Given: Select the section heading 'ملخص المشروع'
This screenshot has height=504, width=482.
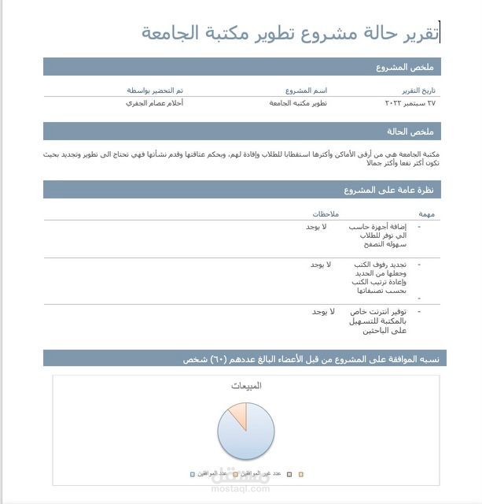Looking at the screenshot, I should [408, 67].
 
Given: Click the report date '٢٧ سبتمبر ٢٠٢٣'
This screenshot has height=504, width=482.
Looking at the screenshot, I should [410, 103].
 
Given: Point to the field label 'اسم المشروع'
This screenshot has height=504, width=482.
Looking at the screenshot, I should [306, 91].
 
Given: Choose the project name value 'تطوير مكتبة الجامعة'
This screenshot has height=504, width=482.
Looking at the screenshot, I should [298, 103].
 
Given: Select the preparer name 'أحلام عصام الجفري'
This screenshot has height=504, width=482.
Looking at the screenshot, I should [155, 103].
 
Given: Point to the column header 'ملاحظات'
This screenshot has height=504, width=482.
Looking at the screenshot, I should [325, 214].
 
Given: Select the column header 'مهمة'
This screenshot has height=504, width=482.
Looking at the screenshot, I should [427, 214].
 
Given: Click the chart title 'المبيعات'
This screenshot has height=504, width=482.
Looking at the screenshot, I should [246, 386].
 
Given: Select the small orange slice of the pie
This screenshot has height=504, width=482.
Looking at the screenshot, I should [236, 415].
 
